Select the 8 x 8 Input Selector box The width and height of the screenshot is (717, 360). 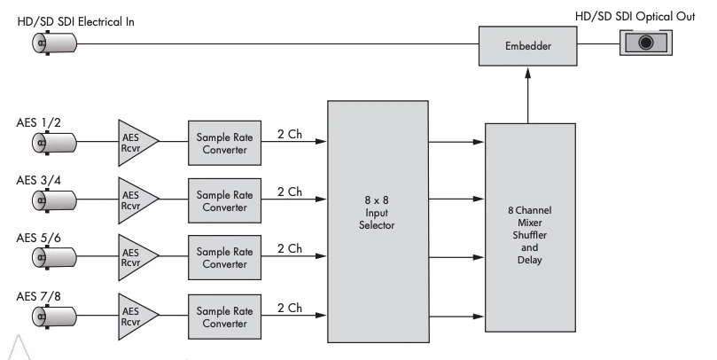click(x=378, y=212)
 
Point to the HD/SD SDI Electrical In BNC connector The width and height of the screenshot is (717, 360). click(x=42, y=43)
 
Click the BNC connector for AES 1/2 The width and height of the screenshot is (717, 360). click(x=42, y=142)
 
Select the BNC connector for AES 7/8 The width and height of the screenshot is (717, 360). click(x=42, y=316)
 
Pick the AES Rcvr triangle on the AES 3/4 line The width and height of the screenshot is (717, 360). click(x=135, y=200)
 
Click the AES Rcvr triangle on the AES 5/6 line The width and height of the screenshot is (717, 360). click(x=135, y=258)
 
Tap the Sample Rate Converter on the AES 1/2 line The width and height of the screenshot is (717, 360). click(x=224, y=142)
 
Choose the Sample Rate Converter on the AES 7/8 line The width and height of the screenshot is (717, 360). click(x=224, y=316)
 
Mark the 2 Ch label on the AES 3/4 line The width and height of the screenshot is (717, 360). click(x=289, y=191)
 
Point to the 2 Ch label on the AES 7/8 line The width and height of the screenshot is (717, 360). click(x=289, y=307)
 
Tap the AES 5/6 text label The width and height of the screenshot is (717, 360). click(x=39, y=239)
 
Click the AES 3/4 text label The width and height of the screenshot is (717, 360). click(x=39, y=180)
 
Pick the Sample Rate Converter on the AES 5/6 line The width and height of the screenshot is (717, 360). click(x=224, y=258)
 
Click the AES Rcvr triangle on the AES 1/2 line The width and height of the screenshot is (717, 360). click(x=135, y=142)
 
